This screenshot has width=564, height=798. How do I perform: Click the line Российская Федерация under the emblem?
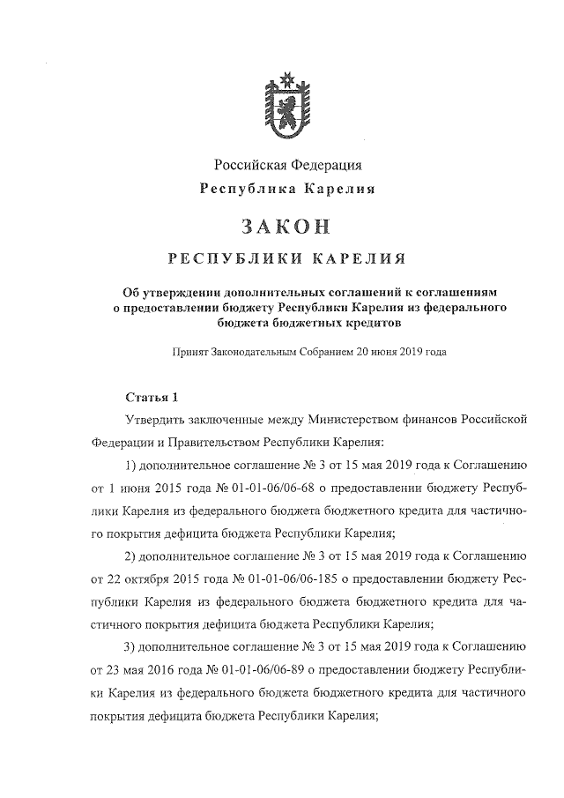pos(287,165)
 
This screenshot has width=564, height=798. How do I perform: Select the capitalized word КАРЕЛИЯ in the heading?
pos(355,259)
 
